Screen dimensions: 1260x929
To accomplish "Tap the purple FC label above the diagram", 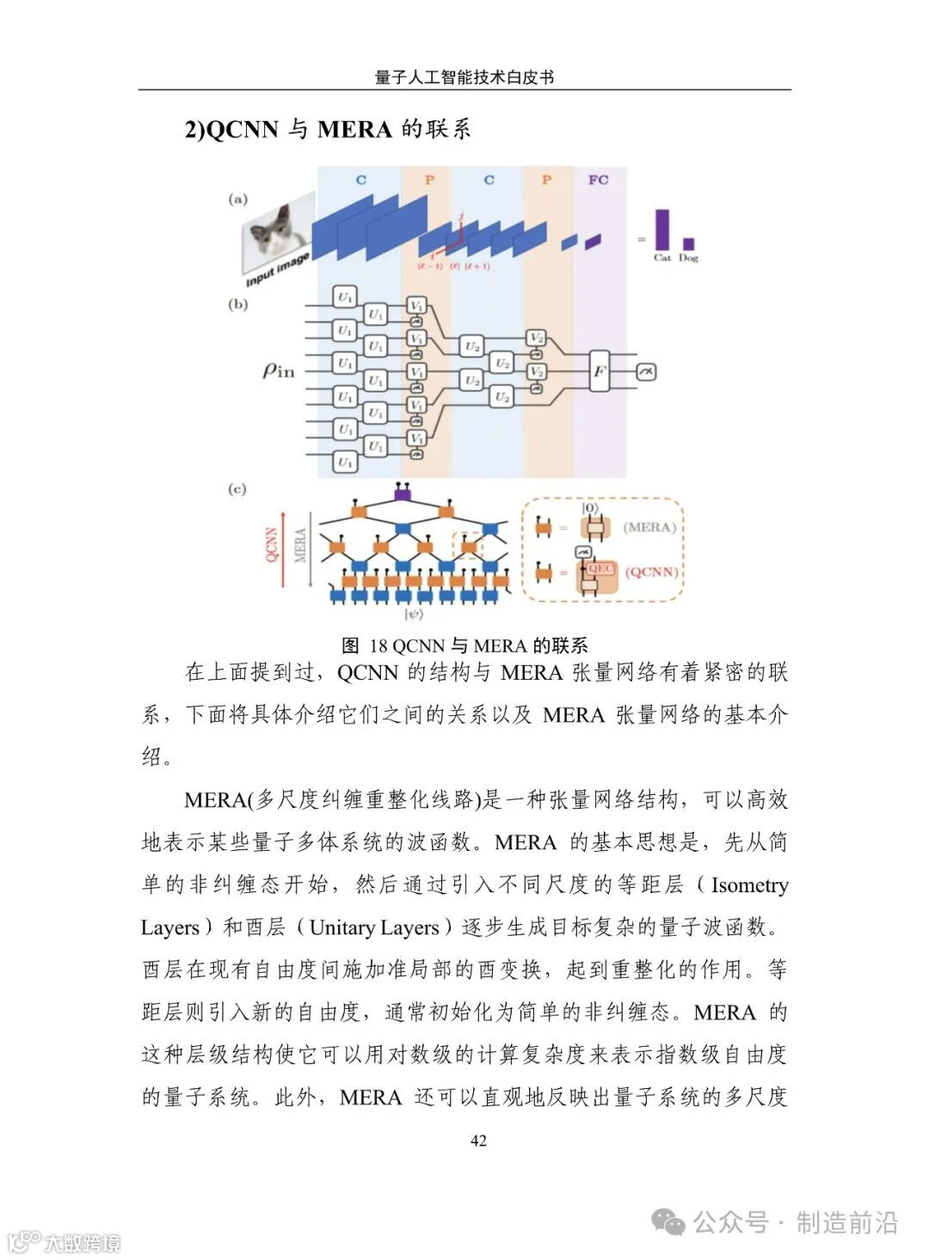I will click(x=598, y=180).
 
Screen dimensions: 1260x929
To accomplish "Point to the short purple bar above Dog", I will click(x=688, y=243).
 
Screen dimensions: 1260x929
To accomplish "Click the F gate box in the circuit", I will click(x=600, y=371).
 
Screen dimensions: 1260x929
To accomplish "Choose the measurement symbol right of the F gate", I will click(x=645, y=371).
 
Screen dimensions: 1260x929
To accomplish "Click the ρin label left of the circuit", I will click(x=278, y=370).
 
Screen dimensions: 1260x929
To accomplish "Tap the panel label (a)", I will click(x=237, y=199).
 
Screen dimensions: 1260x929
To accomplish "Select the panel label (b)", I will click(x=237, y=304).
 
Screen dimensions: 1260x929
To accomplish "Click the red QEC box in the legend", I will click(x=600, y=569).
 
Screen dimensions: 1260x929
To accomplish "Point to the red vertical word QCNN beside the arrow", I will click(x=271, y=545).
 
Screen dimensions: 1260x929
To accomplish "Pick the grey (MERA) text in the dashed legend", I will click(x=649, y=527).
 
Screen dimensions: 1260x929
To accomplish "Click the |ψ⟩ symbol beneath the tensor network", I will click(x=414, y=615).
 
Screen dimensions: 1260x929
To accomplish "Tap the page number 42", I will click(x=478, y=1141).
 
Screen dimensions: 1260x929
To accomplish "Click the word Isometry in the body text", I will click(x=749, y=884).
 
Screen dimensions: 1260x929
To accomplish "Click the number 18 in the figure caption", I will click(x=378, y=645).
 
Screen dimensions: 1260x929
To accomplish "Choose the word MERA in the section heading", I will click(x=354, y=130).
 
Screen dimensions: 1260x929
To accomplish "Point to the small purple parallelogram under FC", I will click(x=593, y=242).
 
